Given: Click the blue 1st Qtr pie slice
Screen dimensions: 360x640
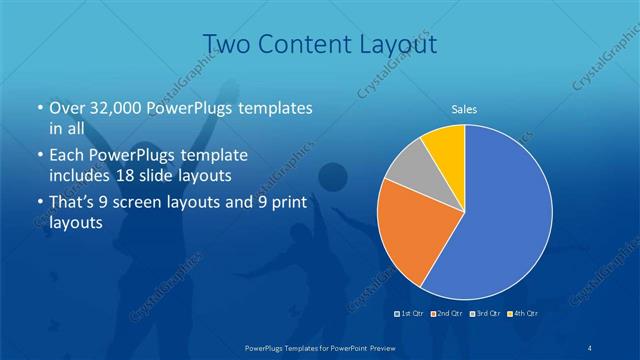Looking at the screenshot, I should (505, 220).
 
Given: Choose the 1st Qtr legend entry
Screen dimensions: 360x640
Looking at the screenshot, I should (410, 314).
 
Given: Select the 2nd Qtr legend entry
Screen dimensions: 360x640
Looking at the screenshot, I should (447, 314).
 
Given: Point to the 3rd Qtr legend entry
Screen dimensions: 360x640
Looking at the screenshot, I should (484, 314).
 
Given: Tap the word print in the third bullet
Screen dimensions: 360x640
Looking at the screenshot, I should (284, 203).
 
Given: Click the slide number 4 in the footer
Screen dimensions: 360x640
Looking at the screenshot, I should (590, 346).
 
